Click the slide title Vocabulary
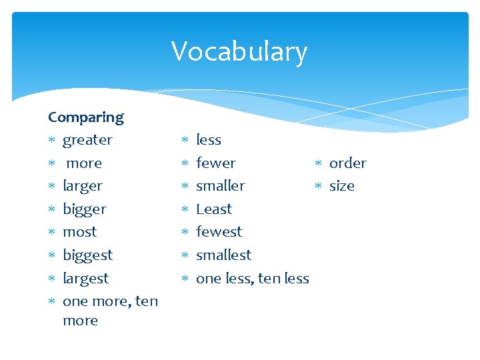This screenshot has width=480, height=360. point(239,51)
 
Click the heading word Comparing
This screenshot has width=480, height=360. point(86,117)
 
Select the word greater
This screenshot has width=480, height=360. point(87,140)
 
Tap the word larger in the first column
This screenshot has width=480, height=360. point(83,186)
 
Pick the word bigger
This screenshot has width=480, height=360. point(85,209)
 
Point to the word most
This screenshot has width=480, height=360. point(79,232)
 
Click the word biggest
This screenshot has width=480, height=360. point(87,255)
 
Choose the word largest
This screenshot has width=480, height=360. point(85,278)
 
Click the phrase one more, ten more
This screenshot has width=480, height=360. point(110,301)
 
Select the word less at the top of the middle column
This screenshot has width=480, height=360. point(209,140)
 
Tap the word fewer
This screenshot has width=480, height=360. point(216,163)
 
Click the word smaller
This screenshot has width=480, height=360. point(221,186)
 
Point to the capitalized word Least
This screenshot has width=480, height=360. point(214,209)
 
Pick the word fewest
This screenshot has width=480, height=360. point(219,232)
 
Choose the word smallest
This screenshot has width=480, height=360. point(224,255)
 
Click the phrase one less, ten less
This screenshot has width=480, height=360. point(253,278)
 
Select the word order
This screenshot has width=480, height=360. point(348,163)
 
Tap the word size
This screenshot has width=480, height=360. point(342,186)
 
